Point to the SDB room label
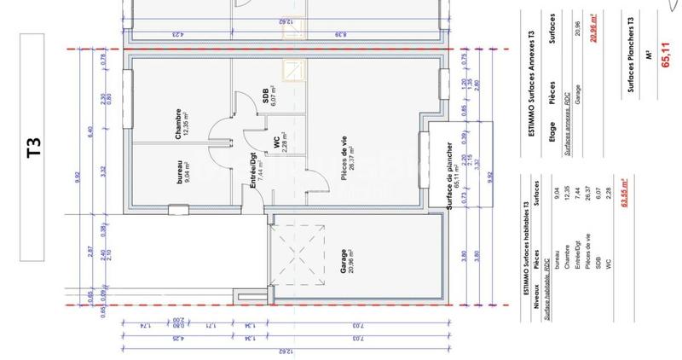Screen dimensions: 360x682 (x=270, y=99)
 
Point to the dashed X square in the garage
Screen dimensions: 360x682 (x=298, y=253)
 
